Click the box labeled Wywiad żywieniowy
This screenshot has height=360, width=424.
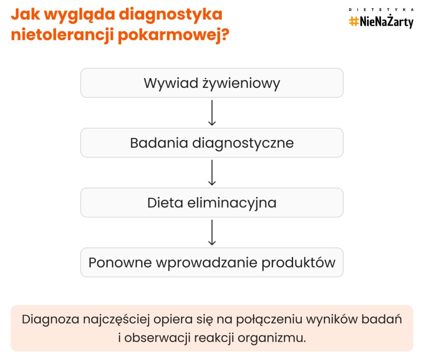(212, 83)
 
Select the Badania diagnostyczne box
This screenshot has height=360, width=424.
(212, 143)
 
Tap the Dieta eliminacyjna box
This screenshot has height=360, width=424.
(212, 203)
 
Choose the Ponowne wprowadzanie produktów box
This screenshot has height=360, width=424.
(212, 263)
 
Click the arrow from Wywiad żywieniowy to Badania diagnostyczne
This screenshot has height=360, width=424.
(212, 112)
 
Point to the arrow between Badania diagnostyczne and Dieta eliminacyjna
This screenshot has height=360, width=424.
(212, 172)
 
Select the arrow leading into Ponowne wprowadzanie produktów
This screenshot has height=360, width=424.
(212, 232)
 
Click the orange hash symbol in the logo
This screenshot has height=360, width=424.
(354, 21)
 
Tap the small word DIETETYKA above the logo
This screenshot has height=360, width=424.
(381, 9)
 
